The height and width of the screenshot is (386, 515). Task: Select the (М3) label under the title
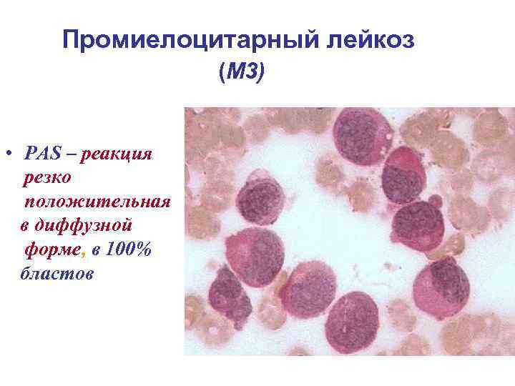242,71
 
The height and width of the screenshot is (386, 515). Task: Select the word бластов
57,274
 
